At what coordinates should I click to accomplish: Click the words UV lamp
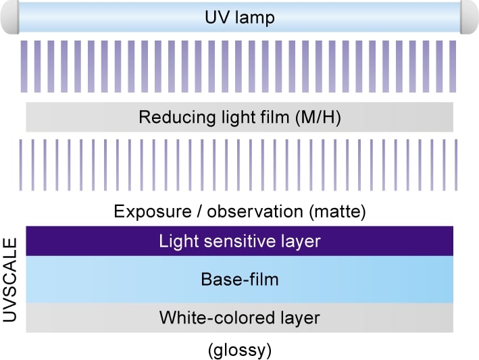(x=240, y=17)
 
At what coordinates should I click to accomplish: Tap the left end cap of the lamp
(x=10, y=17)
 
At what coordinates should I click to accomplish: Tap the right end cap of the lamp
(x=470, y=17)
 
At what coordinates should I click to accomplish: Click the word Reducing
(x=177, y=118)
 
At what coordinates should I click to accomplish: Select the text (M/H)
(x=318, y=118)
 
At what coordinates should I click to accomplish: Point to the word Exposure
(x=153, y=211)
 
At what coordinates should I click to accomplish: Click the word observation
(x=255, y=211)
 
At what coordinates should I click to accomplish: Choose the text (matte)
(x=337, y=211)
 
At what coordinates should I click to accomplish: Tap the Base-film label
(x=240, y=279)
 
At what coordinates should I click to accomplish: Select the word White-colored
(x=217, y=317)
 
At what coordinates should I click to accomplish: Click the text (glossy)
(x=240, y=350)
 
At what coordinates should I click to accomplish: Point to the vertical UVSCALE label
(x=9, y=280)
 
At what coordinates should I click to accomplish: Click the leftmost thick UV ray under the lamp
(x=24, y=66)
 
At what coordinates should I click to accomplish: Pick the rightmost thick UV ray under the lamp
(x=453, y=66)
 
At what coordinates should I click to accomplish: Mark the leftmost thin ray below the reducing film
(x=21, y=165)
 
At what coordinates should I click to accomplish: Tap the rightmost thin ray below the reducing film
(x=456, y=165)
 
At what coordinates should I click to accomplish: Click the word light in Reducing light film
(x=237, y=118)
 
